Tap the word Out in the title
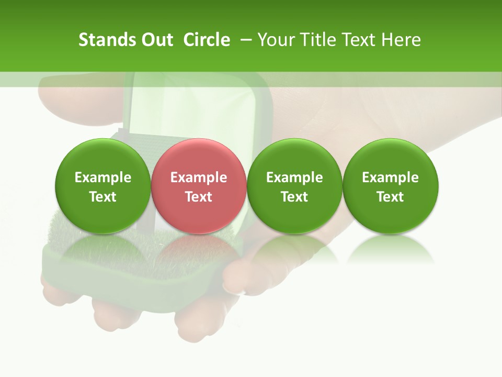coord(155,40)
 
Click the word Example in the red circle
coord(199,178)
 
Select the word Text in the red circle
coord(199,197)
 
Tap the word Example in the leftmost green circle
coord(103,178)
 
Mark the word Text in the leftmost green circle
coord(103,197)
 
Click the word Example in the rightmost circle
coord(390,178)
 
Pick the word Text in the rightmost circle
coord(390,197)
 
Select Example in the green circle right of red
coord(294,178)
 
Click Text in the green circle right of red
coord(294,197)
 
